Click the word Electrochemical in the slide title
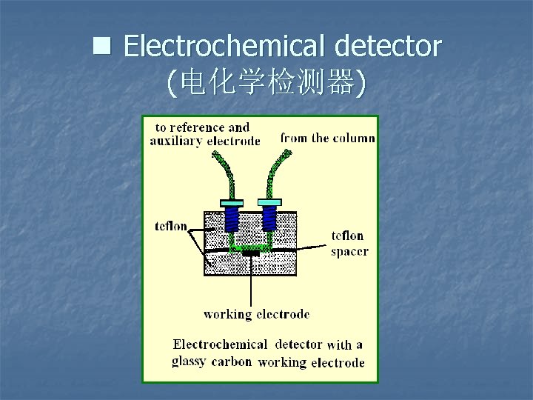click(226, 47)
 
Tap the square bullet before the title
click(101, 47)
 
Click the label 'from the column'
click(327, 138)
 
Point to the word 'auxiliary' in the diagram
click(177, 141)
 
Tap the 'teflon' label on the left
click(171, 225)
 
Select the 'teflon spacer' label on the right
click(348, 243)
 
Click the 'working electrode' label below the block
click(256, 314)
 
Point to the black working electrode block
click(251, 253)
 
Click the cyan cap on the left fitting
click(231, 202)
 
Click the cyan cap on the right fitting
click(269, 202)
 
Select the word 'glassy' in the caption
click(189, 361)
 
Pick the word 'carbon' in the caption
click(231, 362)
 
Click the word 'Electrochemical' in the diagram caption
click(220, 344)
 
